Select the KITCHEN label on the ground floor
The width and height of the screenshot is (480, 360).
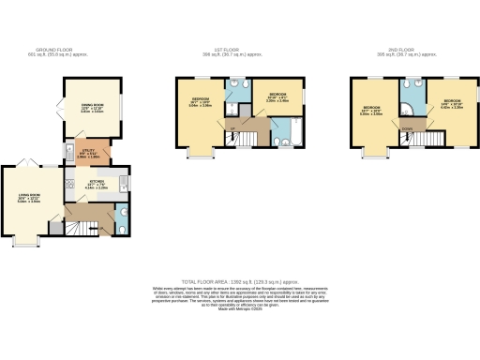click(x=98, y=184)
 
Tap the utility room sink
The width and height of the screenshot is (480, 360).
click(x=71, y=150)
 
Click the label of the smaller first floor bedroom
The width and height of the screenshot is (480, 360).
click(x=277, y=97)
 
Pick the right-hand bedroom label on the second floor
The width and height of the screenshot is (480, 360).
click(x=452, y=102)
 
